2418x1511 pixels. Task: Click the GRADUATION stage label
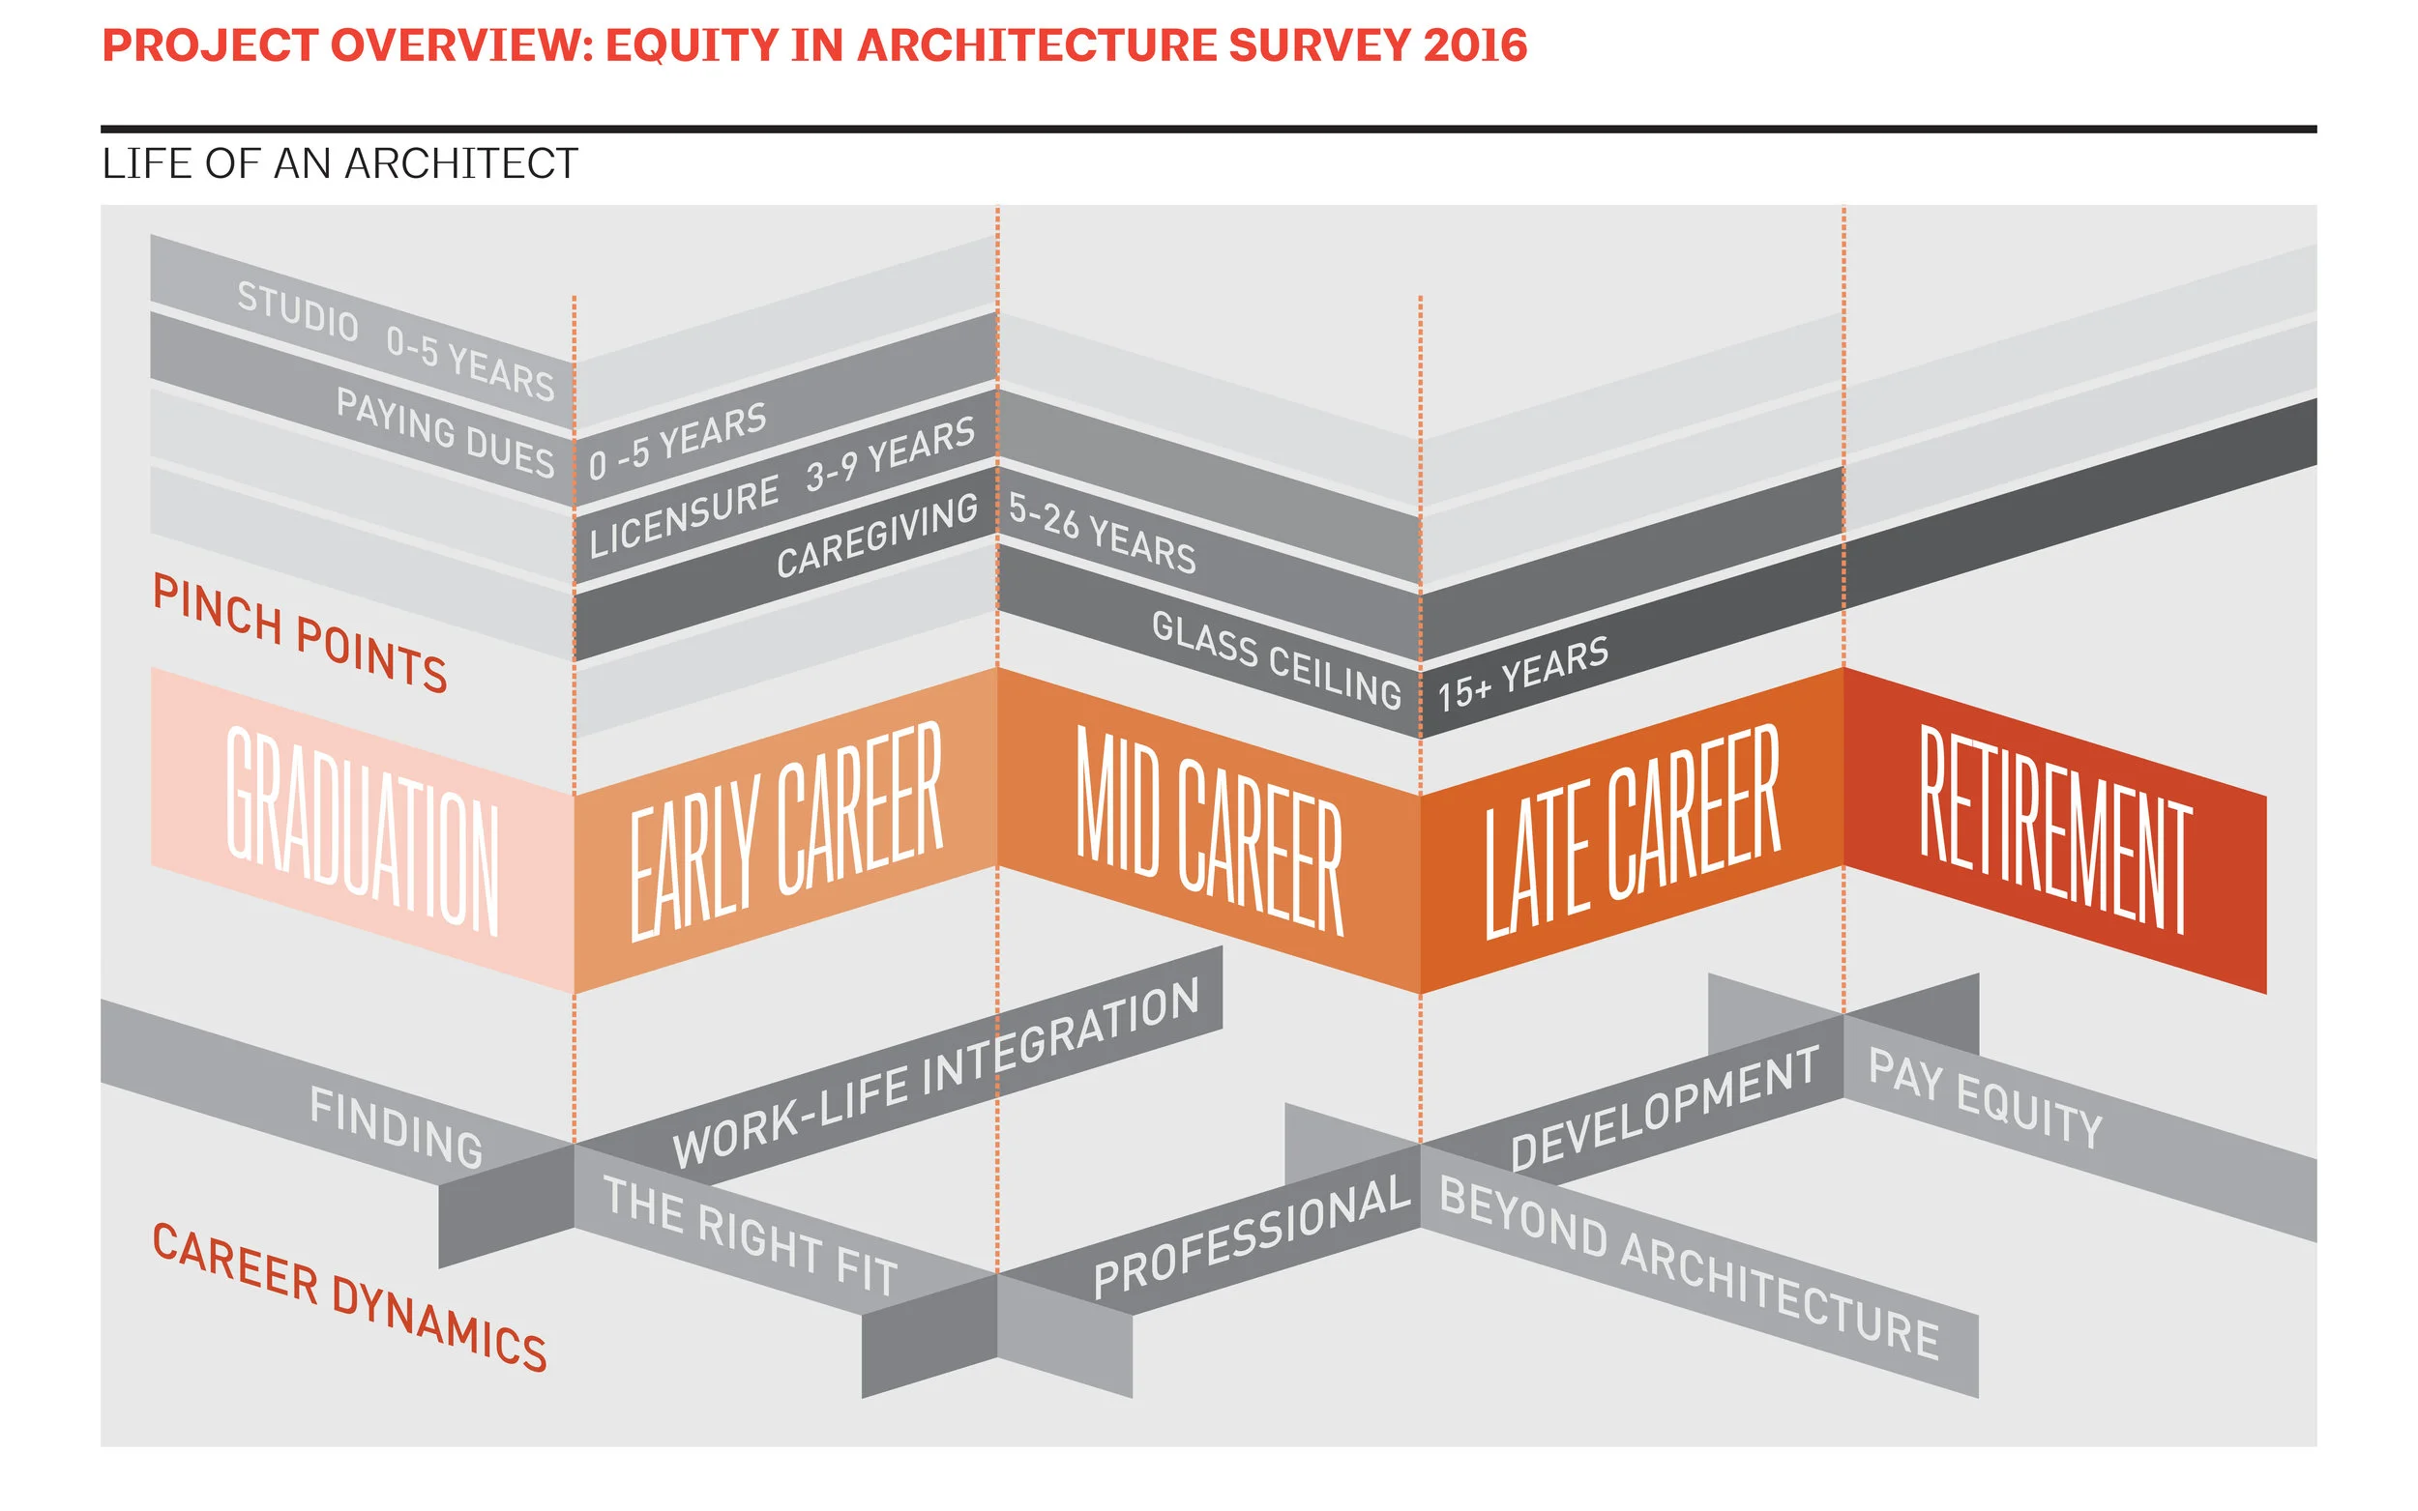click(x=362, y=830)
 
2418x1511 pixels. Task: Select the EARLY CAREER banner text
click(x=785, y=830)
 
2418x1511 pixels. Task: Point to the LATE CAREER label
click(x=1632, y=830)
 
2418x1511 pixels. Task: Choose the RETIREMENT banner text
click(x=2055, y=830)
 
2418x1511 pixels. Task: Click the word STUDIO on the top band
click(x=297, y=310)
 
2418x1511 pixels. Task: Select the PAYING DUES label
click(x=445, y=432)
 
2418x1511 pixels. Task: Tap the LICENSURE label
click(x=684, y=516)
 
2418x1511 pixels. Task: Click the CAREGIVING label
click(x=876, y=536)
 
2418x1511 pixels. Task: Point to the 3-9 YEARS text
click(x=890, y=453)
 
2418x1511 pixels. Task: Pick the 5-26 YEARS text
click(x=1102, y=533)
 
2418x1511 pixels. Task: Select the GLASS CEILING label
click(x=1277, y=659)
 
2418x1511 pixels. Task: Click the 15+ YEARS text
click(x=1522, y=674)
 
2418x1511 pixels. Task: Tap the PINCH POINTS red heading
click(x=300, y=633)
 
